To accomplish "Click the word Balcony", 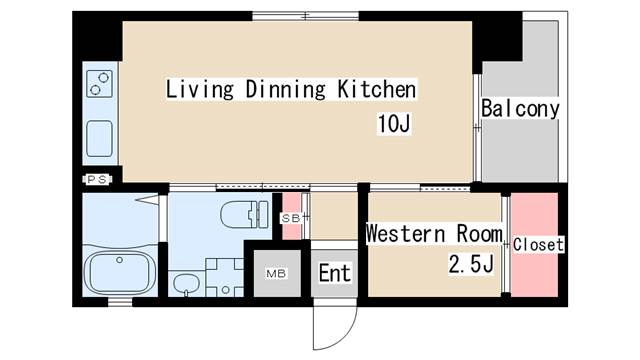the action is coord(520,109).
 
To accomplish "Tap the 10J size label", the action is coord(394,123).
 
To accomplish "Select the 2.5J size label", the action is coord(471,264).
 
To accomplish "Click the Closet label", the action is coord(538,244).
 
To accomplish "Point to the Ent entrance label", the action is coord(334,273).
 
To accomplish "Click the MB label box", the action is coord(276,273).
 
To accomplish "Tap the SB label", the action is coord(291,218).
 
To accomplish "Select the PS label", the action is coord(97,179).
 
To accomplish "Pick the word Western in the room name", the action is coord(405,234).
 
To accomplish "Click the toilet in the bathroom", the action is coord(244,214).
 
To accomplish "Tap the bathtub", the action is coord(120,272).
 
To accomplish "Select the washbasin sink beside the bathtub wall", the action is coord(186,283).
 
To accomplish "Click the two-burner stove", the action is coord(100,84).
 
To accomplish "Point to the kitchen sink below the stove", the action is coord(100,138).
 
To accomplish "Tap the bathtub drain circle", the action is coord(120,260).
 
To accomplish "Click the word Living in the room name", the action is coord(200,89).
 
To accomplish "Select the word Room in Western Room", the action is coord(479,234).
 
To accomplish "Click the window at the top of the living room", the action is coord(305,16).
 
